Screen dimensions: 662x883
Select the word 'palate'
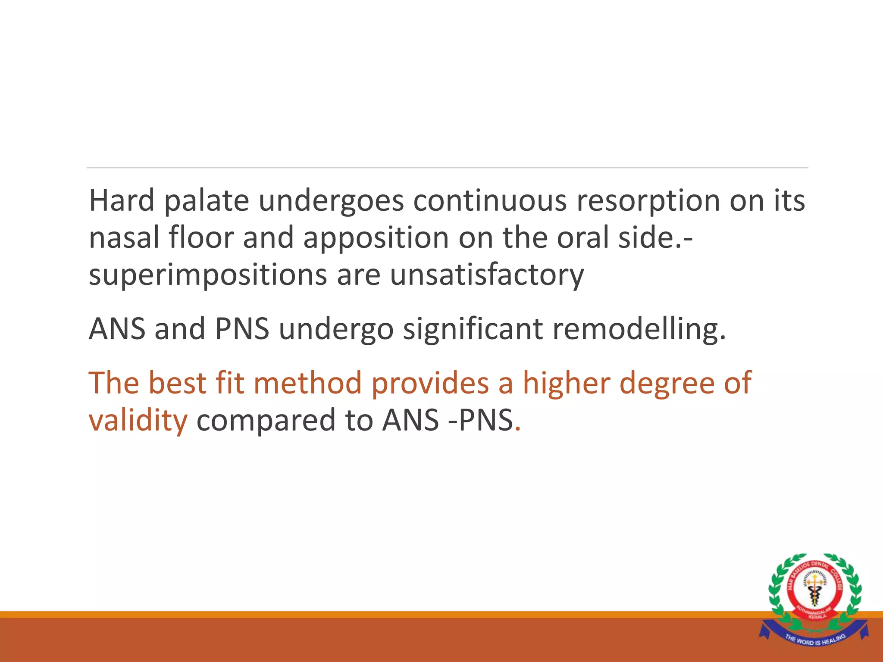(207, 201)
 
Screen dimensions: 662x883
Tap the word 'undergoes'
(331, 201)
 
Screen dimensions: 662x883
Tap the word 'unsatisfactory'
(487, 275)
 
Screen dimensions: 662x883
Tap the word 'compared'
(266, 421)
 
